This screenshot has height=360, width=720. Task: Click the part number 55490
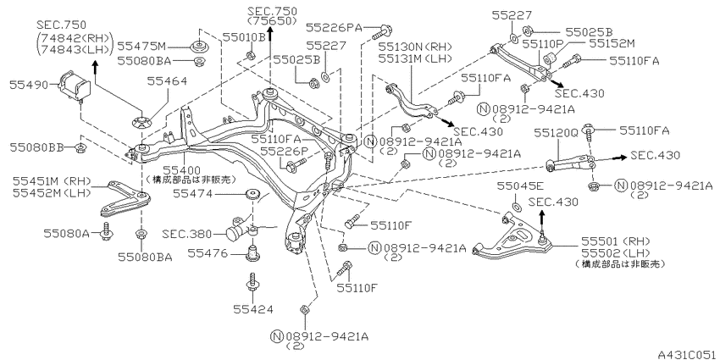29,85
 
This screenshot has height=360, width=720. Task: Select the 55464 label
167,81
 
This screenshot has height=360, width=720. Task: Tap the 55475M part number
141,46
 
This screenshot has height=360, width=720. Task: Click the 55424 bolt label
252,309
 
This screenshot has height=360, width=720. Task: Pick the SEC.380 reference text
187,234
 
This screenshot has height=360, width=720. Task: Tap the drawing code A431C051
688,354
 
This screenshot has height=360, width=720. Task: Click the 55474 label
193,194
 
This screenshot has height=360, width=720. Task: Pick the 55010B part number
244,36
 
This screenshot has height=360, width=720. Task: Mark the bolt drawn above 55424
252,282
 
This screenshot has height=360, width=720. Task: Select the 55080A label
67,233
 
